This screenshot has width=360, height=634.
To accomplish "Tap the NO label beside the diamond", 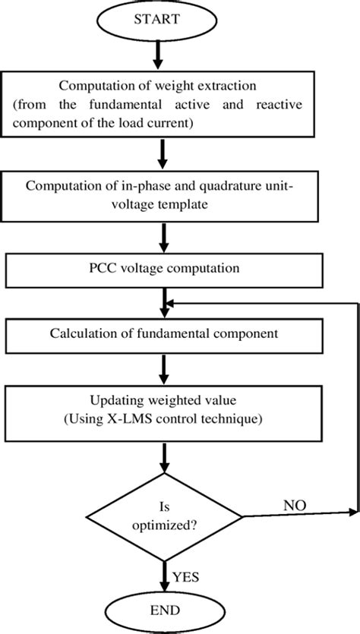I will pos(296,504).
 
